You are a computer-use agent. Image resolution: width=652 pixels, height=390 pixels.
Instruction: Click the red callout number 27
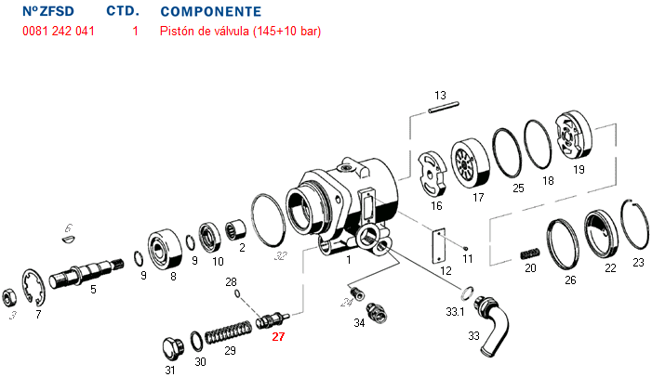pos(277,338)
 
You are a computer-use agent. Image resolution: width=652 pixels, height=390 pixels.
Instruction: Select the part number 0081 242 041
pos(58,32)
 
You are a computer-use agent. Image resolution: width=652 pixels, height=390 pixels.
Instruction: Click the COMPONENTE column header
pos(211,12)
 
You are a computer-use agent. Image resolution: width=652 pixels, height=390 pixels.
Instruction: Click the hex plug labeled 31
pos(170,350)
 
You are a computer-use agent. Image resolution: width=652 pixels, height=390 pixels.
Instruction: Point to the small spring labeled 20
pos(528,252)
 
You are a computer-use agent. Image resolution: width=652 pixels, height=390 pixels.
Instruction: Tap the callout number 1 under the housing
pos(349,262)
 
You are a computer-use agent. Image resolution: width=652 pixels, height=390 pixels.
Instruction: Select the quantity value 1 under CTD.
pos(135,32)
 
